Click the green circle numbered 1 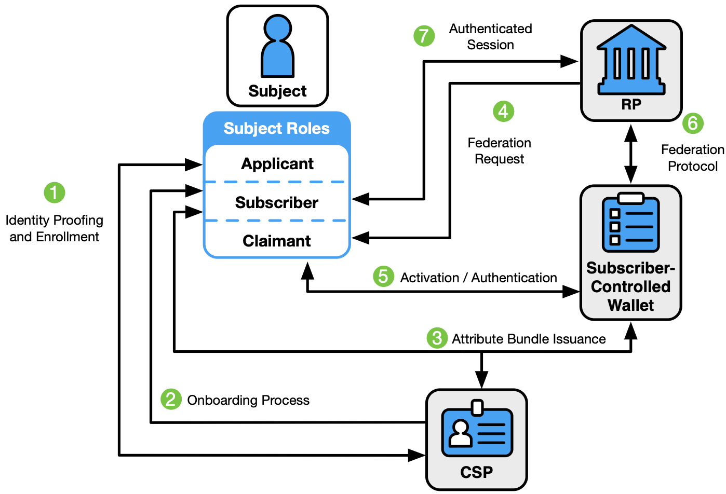55,193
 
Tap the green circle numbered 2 171,400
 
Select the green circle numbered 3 437,338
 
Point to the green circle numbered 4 503,111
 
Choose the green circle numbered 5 383,277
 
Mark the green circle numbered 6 693,123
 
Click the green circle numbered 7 424,36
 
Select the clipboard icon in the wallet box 630,223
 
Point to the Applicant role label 277,164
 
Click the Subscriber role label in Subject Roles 277,202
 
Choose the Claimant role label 277,241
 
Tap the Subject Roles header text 277,128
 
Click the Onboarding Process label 248,400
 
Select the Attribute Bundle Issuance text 529,339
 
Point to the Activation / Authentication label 478,278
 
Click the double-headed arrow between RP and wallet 631,154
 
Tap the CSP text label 477,472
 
